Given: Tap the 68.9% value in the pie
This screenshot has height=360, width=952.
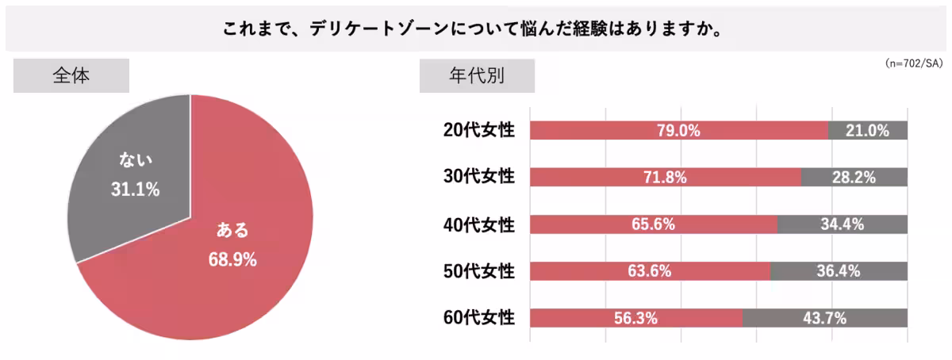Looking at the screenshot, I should click(232, 259).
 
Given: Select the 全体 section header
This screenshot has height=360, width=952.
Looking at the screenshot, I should click(71, 76).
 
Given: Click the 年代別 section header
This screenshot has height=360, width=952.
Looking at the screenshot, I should click(477, 76).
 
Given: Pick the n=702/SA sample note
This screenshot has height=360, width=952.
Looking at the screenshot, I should click(912, 63).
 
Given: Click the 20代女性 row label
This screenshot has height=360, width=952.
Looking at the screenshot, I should click(479, 131).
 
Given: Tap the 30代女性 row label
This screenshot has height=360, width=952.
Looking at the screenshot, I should click(479, 177).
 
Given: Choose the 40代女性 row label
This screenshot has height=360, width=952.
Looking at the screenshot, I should click(479, 224).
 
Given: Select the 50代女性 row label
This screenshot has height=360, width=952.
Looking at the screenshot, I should click(479, 271).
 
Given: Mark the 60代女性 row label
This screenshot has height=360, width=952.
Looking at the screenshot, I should click(479, 318).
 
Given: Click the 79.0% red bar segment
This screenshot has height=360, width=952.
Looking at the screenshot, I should click(678, 131).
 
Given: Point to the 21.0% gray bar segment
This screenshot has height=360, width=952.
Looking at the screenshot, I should click(868, 131).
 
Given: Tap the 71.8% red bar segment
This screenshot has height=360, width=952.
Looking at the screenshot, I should click(665, 178).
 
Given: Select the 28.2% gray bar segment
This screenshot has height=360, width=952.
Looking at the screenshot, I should click(854, 178).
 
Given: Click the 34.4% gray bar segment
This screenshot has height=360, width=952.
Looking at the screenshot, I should click(842, 224).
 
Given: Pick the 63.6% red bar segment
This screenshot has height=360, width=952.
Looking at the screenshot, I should click(649, 271).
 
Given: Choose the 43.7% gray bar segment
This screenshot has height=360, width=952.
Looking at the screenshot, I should click(824, 318).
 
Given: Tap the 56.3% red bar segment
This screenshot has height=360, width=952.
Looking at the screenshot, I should click(635, 318).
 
